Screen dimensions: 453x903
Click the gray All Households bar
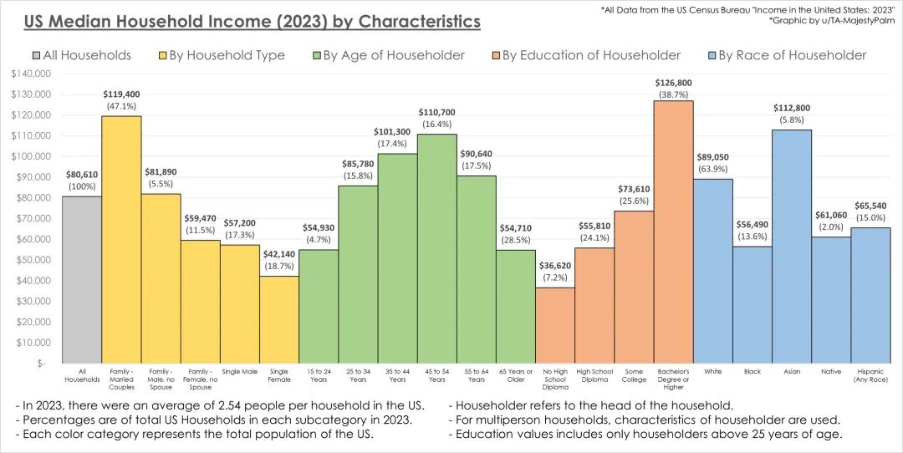(82, 280)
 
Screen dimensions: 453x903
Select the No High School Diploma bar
(555, 325)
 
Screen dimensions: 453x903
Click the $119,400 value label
(121, 94)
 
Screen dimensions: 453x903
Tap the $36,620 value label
(555, 267)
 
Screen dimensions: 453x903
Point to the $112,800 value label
(791, 108)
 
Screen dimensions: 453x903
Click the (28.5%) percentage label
(516, 241)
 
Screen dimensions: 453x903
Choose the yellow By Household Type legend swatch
(162, 56)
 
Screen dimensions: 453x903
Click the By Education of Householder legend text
(590, 56)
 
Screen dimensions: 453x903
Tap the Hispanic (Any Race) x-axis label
(870, 374)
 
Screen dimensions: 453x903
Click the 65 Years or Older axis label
(516, 374)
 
